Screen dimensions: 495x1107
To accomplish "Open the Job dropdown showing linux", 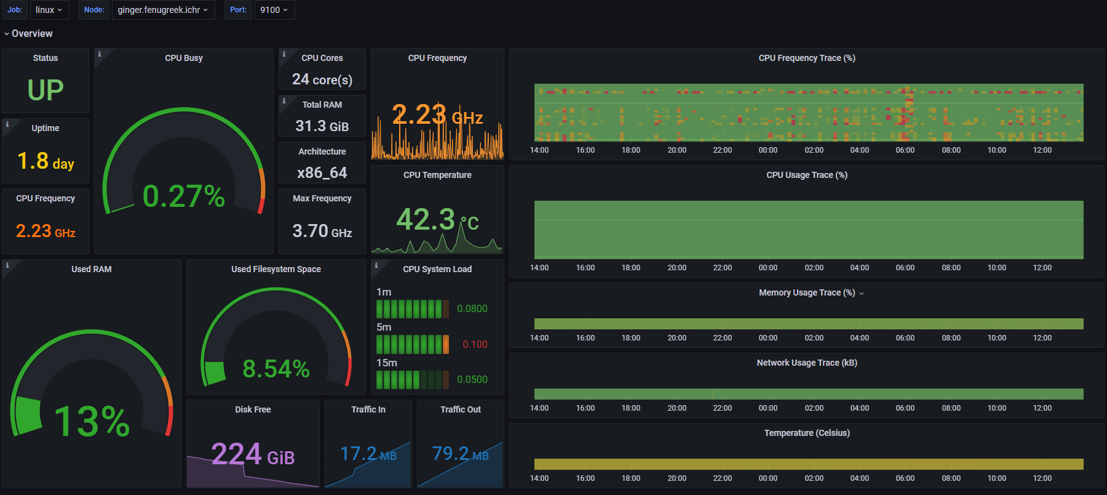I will [49, 10].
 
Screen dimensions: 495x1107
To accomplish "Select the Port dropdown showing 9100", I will [274, 10].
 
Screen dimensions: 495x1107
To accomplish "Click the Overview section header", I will [32, 34].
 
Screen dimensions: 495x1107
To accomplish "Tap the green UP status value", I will [46, 91].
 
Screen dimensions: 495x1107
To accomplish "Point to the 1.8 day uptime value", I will [46, 161].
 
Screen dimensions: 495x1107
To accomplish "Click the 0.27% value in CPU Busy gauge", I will [183, 196].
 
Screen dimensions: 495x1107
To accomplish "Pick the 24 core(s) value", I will [322, 79].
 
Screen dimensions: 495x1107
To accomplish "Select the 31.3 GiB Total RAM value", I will [322, 126].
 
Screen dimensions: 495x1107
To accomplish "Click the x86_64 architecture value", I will [322, 173].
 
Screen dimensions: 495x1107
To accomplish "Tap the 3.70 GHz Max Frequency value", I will [322, 231].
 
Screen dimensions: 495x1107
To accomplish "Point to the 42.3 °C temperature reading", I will [437, 220].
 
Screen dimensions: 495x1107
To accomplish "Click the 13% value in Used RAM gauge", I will [92, 422].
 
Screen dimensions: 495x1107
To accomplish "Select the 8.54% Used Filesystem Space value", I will [276, 369].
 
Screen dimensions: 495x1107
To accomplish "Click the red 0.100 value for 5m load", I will [475, 344].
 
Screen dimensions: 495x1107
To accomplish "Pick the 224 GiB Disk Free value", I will [253, 455].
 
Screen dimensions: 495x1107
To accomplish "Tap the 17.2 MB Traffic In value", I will [368, 454].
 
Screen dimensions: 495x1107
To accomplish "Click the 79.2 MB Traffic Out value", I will [460, 454].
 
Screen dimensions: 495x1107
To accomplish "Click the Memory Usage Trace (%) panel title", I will [806, 292].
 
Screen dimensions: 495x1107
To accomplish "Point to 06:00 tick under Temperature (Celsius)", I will [905, 478].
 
